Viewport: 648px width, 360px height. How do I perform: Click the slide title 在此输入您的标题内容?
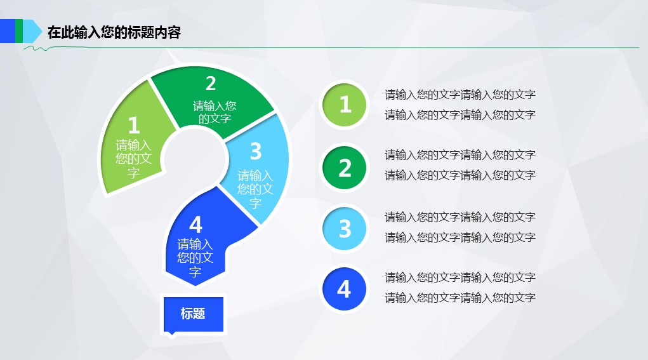(114, 32)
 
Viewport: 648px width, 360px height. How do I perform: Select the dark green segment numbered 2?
(211, 99)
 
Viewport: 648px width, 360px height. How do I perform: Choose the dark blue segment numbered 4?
(199, 244)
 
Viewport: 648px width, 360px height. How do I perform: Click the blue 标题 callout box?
(194, 314)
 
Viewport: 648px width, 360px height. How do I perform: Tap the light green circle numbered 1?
(344, 105)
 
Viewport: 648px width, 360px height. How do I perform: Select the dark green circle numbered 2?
(344, 168)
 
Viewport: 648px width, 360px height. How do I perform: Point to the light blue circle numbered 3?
(344, 229)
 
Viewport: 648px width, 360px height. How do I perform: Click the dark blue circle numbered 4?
(344, 289)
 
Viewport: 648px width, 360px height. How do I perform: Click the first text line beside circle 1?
(460, 95)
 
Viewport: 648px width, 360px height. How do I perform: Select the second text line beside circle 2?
(460, 175)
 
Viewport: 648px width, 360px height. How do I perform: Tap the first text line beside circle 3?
(460, 217)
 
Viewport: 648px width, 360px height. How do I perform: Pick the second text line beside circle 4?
(460, 298)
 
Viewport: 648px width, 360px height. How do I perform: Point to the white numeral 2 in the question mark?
(211, 83)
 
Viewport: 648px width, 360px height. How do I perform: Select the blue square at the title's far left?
(8, 31)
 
